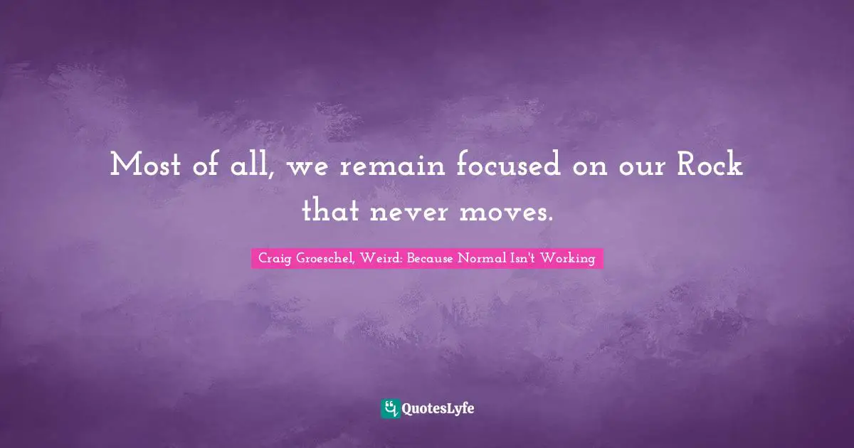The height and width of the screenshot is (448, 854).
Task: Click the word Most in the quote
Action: click(x=142, y=166)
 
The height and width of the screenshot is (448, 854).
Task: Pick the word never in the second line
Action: click(x=406, y=210)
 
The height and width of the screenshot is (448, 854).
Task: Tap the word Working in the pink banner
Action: click(x=568, y=259)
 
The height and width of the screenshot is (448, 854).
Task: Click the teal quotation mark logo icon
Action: click(x=390, y=408)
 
